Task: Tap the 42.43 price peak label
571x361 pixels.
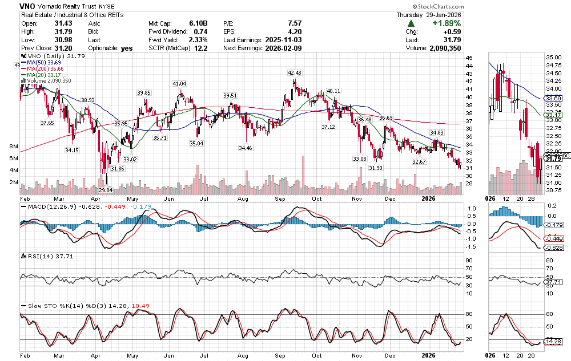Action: point(295,73)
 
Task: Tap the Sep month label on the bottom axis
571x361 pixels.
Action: point(280,355)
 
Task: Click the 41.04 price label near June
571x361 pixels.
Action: point(179,84)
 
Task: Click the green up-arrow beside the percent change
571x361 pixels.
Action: point(411,23)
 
